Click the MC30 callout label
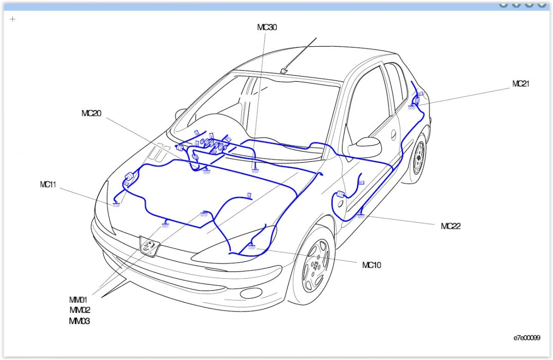(267, 27)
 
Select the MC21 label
(521, 84)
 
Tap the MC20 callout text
(91, 113)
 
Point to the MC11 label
(48, 184)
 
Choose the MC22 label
(451, 226)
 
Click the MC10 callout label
(372, 265)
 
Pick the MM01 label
(78, 300)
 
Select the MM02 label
(80, 310)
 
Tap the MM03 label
(79, 321)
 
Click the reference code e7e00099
(527, 338)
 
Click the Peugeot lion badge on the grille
(150, 245)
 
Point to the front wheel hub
(315, 266)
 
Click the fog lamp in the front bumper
(251, 293)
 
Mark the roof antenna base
(284, 71)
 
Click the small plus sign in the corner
(12, 19)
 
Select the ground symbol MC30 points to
(255, 171)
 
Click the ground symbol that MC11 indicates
(116, 204)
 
